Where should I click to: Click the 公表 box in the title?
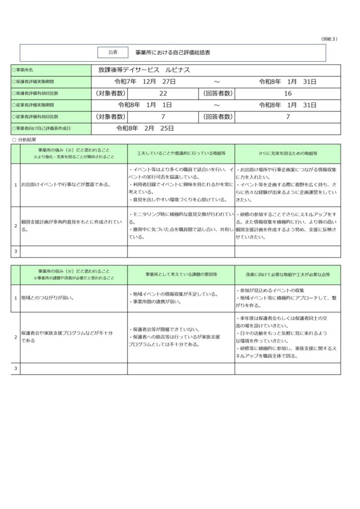click(x=113, y=52)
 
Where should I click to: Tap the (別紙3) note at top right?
click(x=329, y=39)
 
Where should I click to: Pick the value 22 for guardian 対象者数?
click(x=163, y=93)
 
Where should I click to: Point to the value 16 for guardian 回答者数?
click(x=287, y=93)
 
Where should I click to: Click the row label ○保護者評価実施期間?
click(x=33, y=82)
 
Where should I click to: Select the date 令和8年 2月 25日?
click(x=145, y=128)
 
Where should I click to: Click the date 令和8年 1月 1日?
click(x=145, y=105)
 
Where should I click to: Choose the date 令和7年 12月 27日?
click(x=145, y=82)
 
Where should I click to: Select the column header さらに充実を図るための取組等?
click(x=288, y=154)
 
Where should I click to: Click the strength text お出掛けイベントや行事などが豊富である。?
click(x=66, y=184)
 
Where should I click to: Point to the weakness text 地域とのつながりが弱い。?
click(x=48, y=298)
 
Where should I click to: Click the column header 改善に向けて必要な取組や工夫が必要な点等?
click(x=288, y=274)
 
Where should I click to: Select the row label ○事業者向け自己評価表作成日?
click(x=41, y=128)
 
